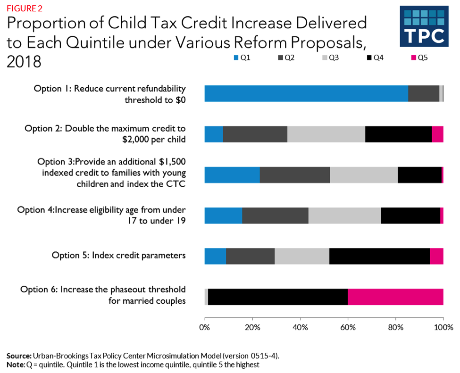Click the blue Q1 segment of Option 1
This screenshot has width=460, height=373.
tap(306, 93)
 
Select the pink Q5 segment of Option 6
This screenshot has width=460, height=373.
tap(395, 297)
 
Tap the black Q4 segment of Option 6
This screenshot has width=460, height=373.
tap(278, 297)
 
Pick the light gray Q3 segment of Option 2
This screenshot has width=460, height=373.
tap(326, 134)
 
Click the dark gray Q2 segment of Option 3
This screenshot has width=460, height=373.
tap(294, 175)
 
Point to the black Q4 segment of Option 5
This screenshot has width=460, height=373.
tap(379, 256)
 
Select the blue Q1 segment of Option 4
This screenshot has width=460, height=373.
tap(223, 216)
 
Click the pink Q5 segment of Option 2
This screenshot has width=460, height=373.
tap(437, 134)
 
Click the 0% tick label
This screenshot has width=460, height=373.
tap(205, 327)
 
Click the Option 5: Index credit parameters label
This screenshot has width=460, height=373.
tap(118, 255)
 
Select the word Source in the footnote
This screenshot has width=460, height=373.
tap(18, 355)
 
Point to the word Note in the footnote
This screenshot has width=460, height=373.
tap(16, 365)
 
